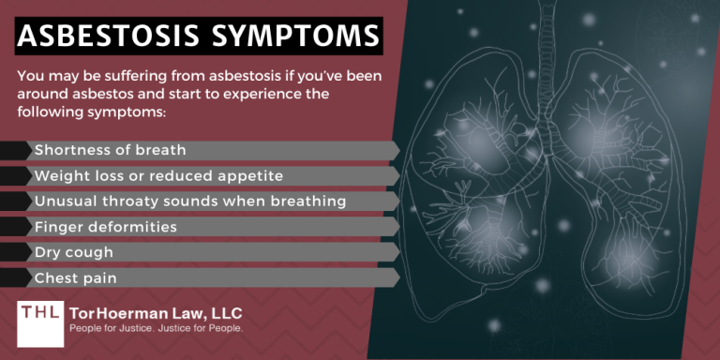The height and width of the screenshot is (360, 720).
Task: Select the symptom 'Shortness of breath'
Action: [x=110, y=150]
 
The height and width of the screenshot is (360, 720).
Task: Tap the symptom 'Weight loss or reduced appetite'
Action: [x=158, y=175]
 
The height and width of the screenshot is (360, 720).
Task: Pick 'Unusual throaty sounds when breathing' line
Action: [x=190, y=202]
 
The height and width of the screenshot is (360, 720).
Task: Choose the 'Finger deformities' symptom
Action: [x=104, y=227]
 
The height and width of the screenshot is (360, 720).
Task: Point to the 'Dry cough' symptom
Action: [x=74, y=252]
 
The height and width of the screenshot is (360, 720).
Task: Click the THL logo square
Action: [x=39, y=320]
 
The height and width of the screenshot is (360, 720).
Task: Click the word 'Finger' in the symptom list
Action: [x=57, y=227]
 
